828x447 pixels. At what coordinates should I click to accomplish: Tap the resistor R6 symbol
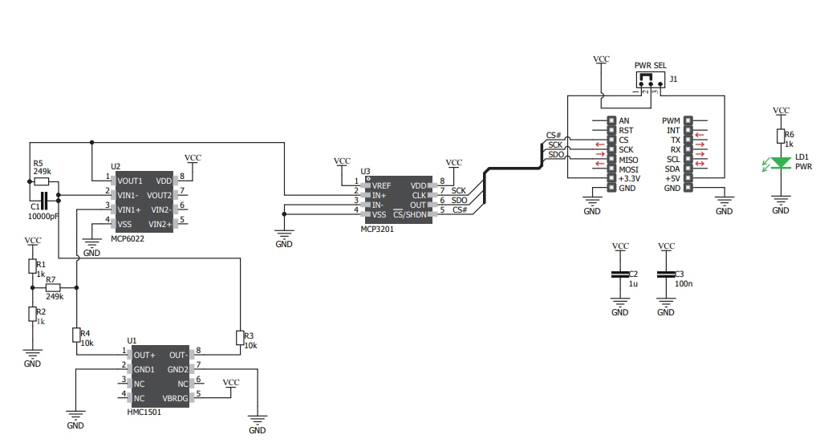point(781,136)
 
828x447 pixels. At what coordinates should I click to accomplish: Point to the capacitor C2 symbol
point(620,274)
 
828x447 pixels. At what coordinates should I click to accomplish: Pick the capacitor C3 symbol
point(665,274)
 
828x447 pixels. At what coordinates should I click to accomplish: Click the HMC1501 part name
point(145,412)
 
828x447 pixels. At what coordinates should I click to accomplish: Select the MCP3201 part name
point(377,230)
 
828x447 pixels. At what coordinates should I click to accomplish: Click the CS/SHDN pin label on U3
point(410,213)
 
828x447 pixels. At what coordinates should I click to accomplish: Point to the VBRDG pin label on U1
point(174,398)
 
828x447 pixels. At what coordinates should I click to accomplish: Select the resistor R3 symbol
point(239,337)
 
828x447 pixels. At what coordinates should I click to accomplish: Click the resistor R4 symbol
point(76,335)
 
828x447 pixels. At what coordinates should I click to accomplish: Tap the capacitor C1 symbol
point(43,200)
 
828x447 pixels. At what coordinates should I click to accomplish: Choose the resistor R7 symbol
point(54,287)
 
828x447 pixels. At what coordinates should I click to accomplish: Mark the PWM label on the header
point(672,120)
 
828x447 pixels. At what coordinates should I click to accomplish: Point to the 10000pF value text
point(43,217)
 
